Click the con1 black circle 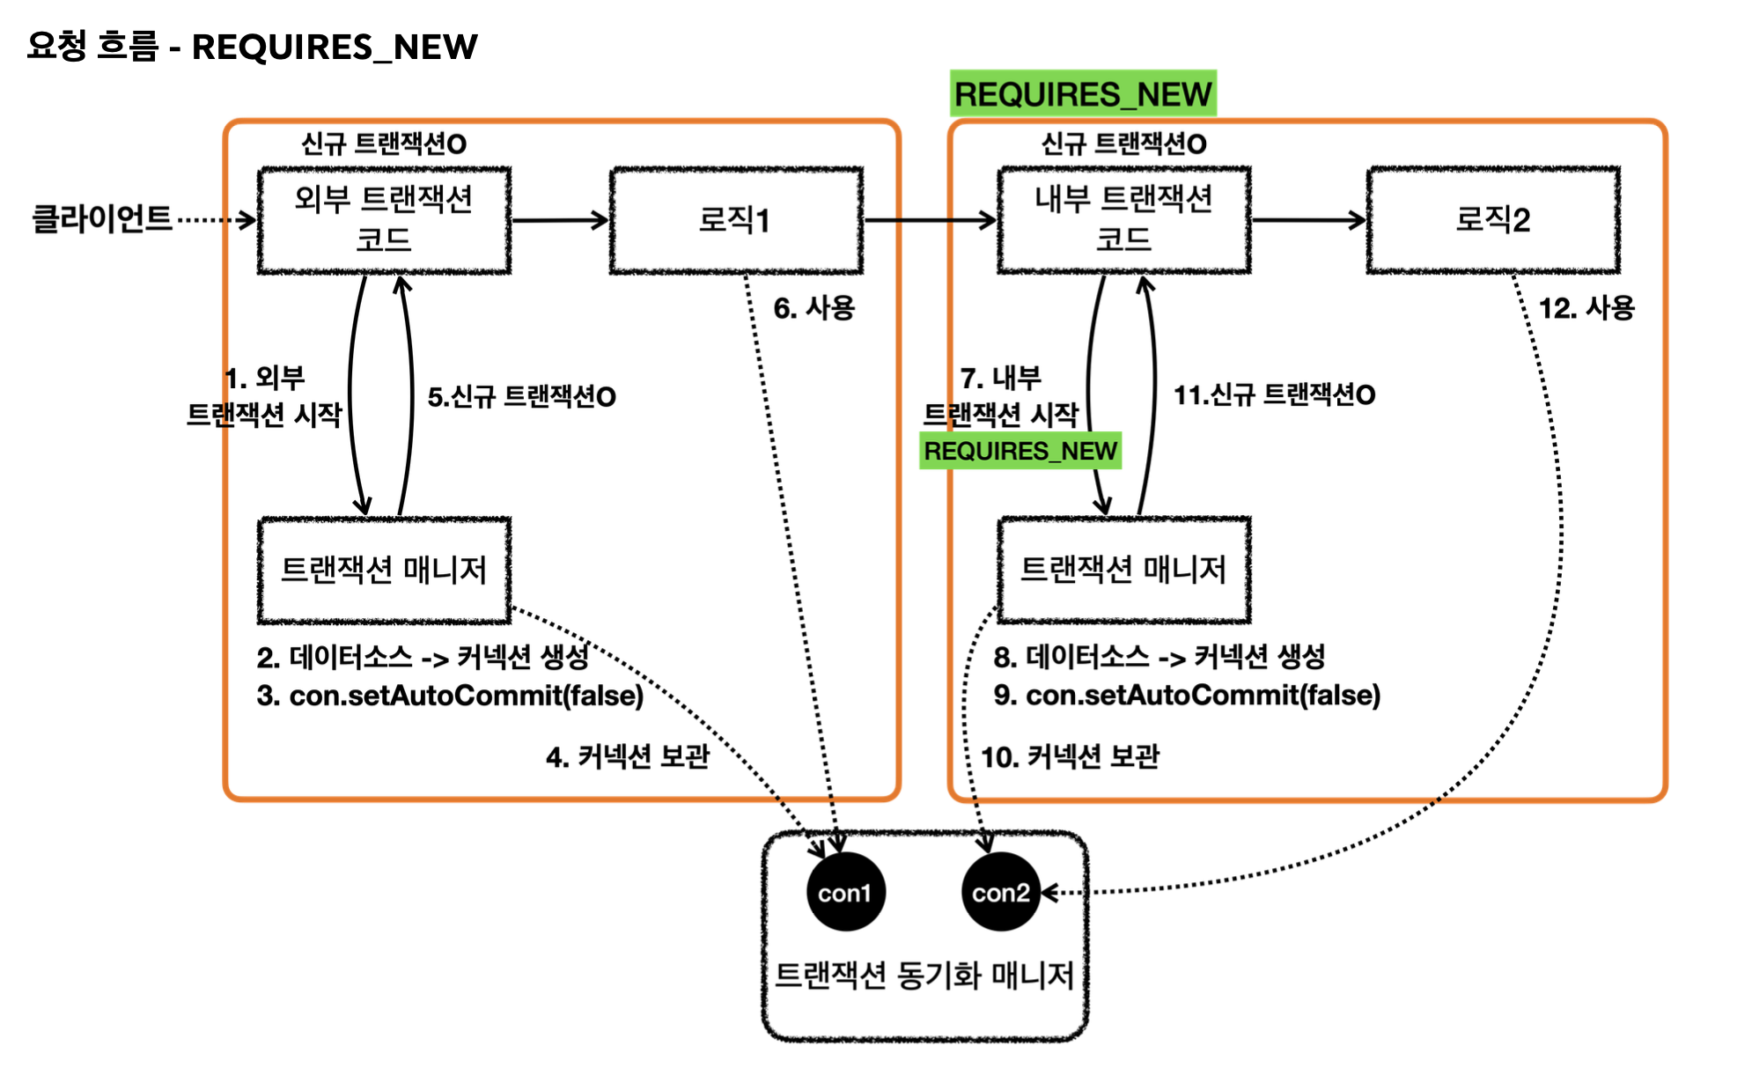[x=845, y=892]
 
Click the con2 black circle [x=1000, y=892]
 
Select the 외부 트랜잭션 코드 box [x=384, y=220]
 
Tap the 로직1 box [x=736, y=220]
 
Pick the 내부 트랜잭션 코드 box [x=1123, y=220]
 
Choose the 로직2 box [x=1493, y=220]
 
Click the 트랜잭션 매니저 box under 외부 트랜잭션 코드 [x=384, y=570]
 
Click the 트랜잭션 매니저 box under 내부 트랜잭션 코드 [x=1123, y=570]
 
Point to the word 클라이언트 [x=102, y=218]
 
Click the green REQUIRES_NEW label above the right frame [x=1083, y=93]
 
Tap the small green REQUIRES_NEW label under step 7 [x=1020, y=451]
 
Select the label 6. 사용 [x=813, y=308]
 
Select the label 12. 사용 [x=1586, y=308]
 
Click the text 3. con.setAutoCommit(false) [x=450, y=696]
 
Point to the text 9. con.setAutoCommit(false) [x=1187, y=696]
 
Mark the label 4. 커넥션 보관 [x=627, y=756]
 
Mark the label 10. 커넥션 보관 [x=1070, y=756]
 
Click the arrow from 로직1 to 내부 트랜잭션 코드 [x=930, y=220]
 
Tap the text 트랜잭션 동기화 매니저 [x=924, y=976]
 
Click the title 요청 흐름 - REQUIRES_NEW [x=252, y=47]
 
